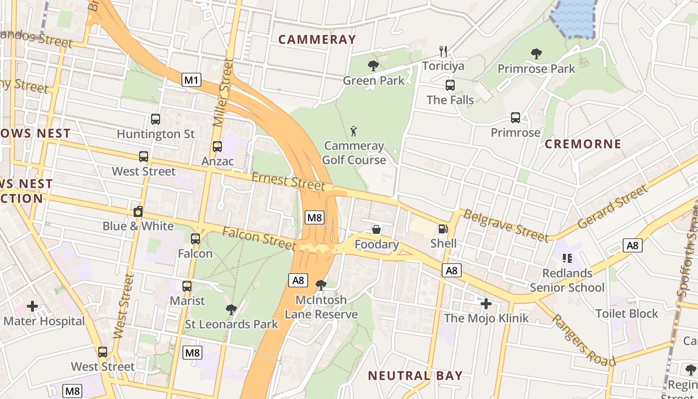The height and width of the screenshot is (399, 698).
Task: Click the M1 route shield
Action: tap(191, 80)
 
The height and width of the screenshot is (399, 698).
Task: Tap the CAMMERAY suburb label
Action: tap(317, 39)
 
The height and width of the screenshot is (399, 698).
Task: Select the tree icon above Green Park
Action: tap(373, 65)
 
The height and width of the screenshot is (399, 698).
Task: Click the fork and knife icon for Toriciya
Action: tap(443, 51)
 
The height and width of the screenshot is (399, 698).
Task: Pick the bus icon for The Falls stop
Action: tap(450, 85)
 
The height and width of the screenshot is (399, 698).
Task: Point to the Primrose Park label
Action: tap(536, 69)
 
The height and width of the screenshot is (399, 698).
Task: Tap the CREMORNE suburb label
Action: tap(583, 144)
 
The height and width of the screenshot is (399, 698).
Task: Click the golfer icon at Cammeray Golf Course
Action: tap(354, 131)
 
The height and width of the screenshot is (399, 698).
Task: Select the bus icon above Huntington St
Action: tap(156, 119)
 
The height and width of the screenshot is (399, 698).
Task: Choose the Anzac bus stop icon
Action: tap(217, 147)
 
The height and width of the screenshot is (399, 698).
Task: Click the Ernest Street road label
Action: tap(288, 181)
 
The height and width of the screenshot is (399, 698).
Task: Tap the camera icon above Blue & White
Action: tap(138, 211)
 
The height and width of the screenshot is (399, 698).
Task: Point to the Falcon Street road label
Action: tap(259, 238)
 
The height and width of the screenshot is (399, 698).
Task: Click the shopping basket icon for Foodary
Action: tap(376, 229)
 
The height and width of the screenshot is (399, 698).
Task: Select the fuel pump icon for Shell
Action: tap(443, 229)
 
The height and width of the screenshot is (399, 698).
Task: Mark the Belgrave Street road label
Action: tap(506, 224)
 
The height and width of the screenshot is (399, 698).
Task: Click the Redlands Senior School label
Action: tap(567, 280)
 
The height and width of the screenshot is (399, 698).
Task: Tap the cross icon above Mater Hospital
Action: tap(32, 306)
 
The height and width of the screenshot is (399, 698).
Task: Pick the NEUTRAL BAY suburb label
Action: tap(415, 376)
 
